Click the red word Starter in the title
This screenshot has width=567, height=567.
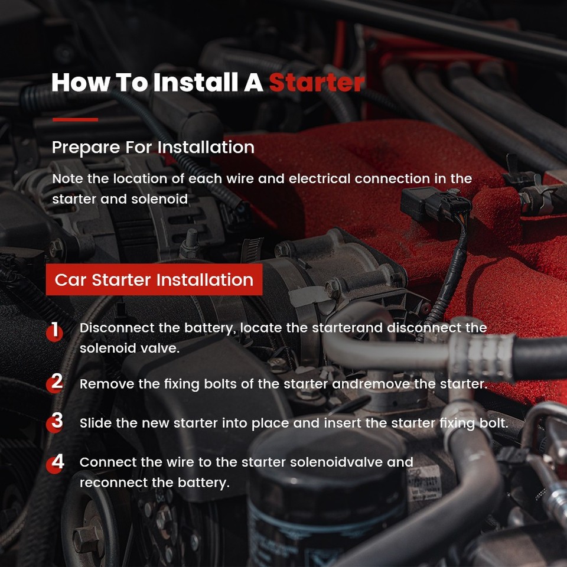point(317,83)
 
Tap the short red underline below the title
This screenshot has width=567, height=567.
point(75,119)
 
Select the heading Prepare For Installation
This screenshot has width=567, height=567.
point(153,148)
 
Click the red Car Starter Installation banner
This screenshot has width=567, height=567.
point(154,279)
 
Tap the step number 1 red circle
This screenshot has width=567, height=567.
point(54,333)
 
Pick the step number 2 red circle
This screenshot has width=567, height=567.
point(54,384)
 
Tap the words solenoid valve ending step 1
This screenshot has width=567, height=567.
point(129,348)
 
